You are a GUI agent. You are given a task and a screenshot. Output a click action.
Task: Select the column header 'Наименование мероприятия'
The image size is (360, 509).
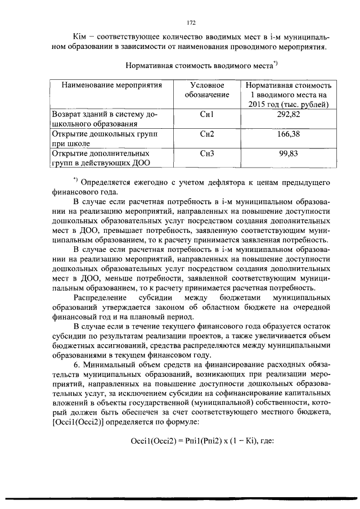click(112, 85)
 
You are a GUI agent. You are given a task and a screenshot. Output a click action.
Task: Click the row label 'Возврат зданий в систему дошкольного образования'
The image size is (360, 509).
click(104, 119)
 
